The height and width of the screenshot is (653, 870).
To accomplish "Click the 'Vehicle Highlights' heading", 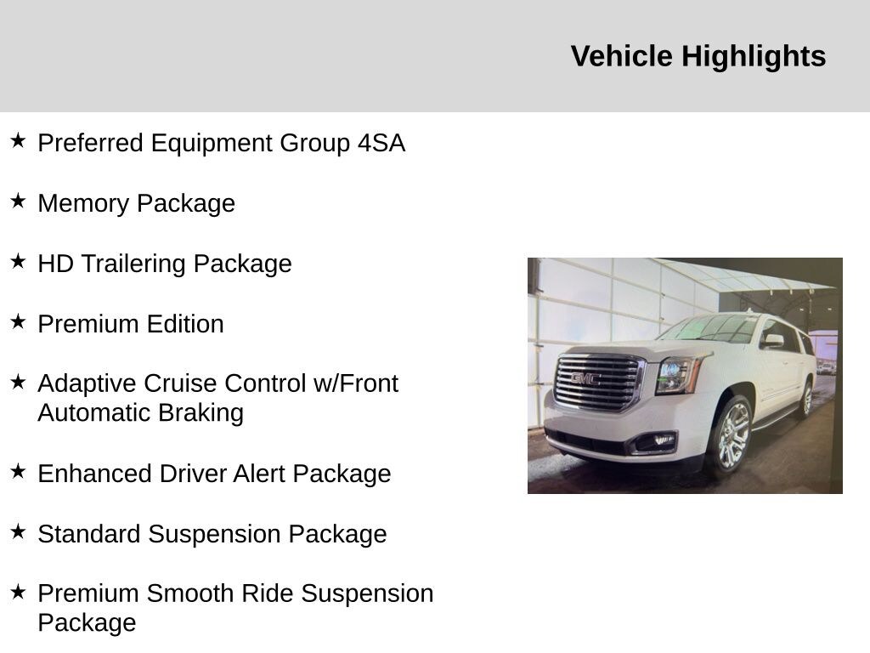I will coord(698,56).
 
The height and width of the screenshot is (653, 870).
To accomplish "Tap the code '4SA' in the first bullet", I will coord(381,143).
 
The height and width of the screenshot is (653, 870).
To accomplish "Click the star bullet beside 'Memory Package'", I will coord(18,202).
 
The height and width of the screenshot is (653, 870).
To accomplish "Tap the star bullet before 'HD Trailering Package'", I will coord(18,262).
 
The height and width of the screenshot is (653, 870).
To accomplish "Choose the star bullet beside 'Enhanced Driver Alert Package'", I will coord(18,472).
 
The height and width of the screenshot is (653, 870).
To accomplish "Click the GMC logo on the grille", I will coord(585,378).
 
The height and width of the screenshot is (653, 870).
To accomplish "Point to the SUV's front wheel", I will coord(731,435).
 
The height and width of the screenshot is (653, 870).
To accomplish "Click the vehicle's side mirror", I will coord(772,340).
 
